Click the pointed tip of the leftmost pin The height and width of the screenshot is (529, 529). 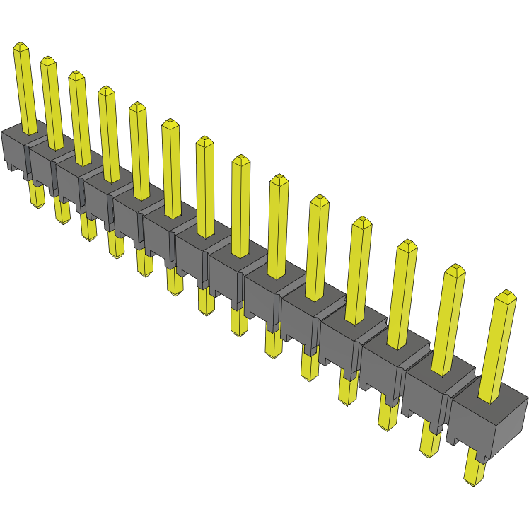pyautogui.click(x=21, y=47)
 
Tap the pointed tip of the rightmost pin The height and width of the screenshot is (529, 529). pyautogui.click(x=505, y=294)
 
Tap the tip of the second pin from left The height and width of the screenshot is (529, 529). pyautogui.click(x=47, y=61)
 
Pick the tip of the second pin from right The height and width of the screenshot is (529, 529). pyautogui.click(x=455, y=269)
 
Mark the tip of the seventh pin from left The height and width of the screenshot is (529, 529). pyautogui.click(x=204, y=141)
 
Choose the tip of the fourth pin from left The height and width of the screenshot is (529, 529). pyautogui.click(x=106, y=91)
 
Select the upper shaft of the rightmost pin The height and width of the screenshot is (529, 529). pyautogui.click(x=496, y=347)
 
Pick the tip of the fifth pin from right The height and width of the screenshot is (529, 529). pyautogui.click(x=319, y=200)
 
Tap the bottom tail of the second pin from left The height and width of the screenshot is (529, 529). pyautogui.click(x=62, y=211)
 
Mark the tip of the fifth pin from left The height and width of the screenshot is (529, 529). pyautogui.click(x=136, y=107)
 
